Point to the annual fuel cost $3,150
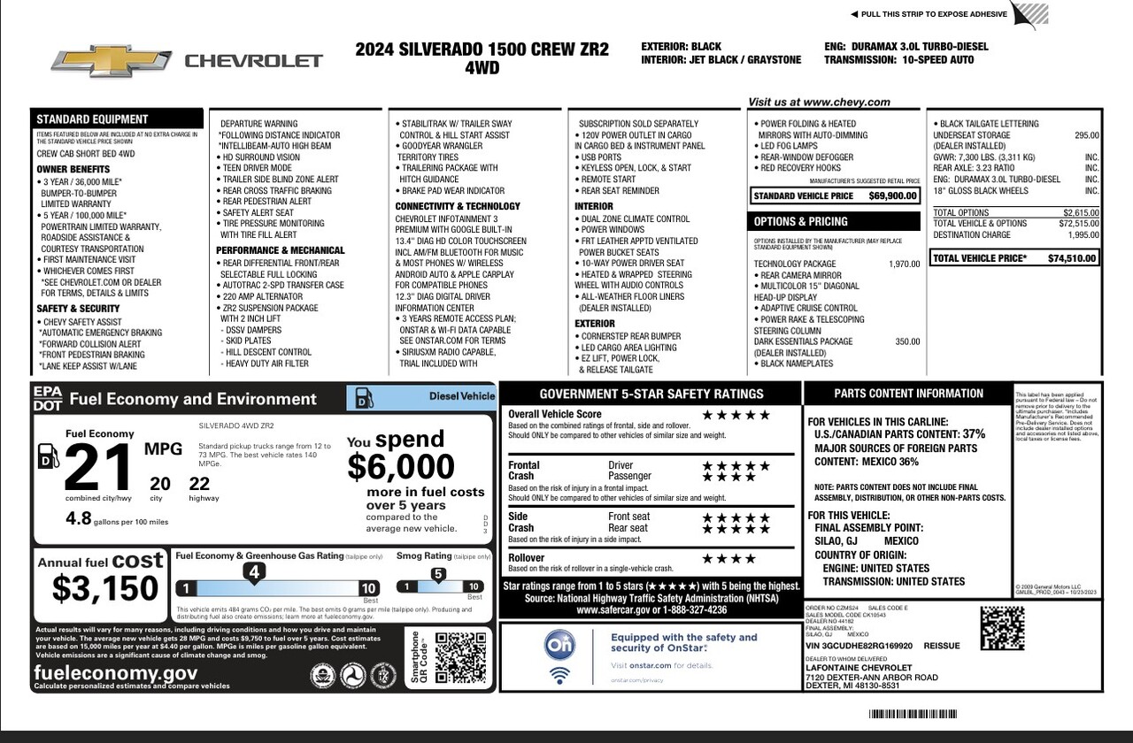click(x=105, y=588)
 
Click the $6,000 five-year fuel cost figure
click(x=401, y=466)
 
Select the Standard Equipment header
click(x=93, y=119)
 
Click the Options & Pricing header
click(x=801, y=221)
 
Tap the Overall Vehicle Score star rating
click(x=736, y=415)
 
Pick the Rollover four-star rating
click(x=729, y=559)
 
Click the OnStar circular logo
click(x=559, y=646)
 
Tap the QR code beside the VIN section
click(x=1002, y=628)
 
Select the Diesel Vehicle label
click(x=462, y=396)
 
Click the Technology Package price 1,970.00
click(x=904, y=264)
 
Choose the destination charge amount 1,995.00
click(x=1083, y=235)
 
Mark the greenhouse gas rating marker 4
click(x=254, y=573)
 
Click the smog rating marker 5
click(x=437, y=574)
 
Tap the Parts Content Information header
click(x=908, y=394)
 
